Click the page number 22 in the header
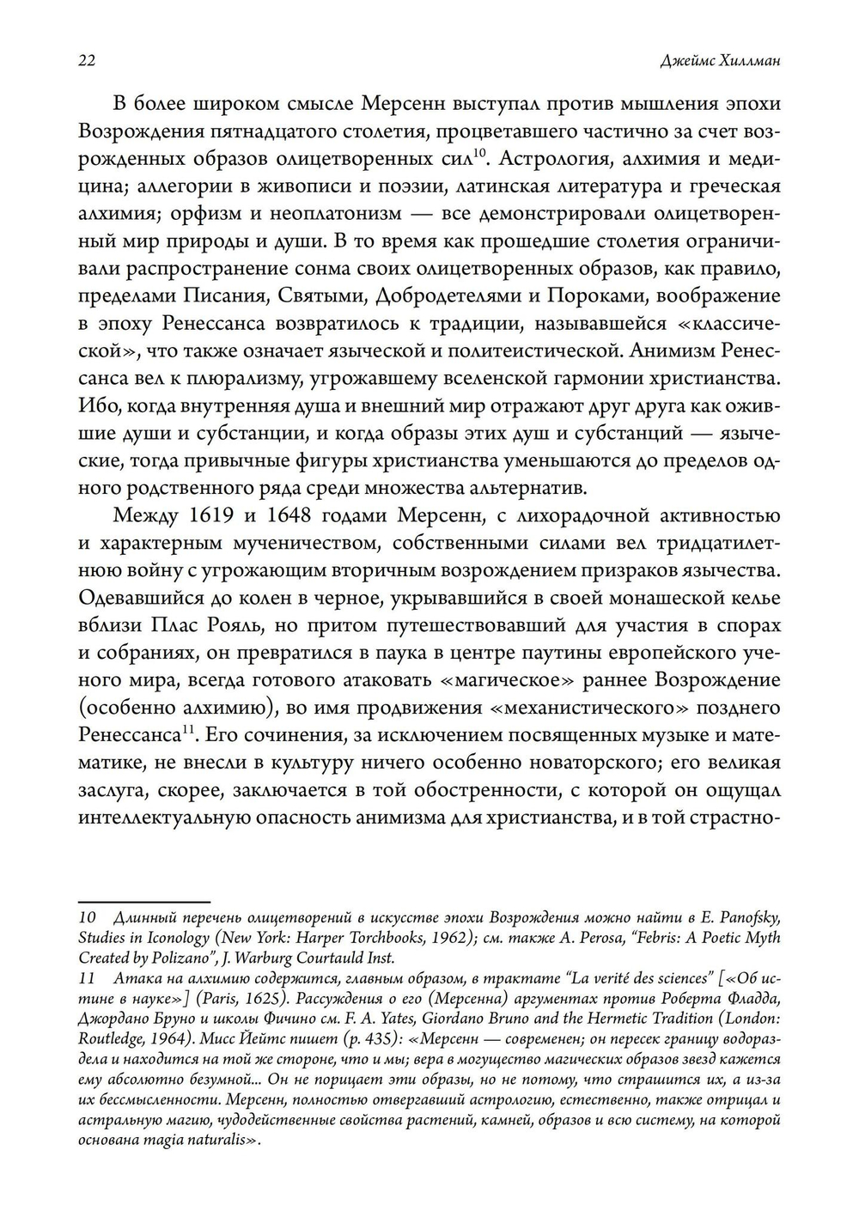(x=86, y=60)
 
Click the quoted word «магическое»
(x=487, y=681)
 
